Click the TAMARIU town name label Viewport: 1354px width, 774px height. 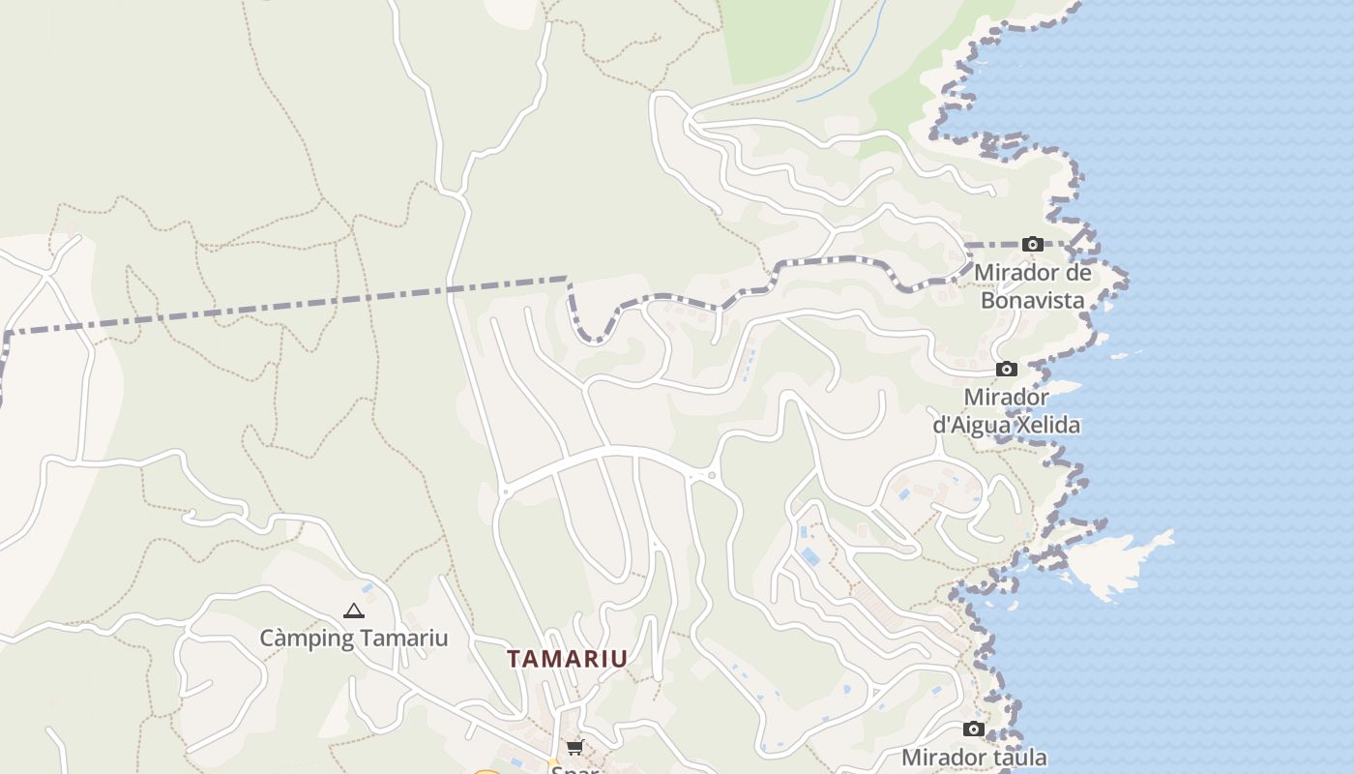tap(568, 659)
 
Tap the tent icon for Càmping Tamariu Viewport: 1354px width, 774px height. tap(354, 611)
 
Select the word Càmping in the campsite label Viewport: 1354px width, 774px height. tap(303, 639)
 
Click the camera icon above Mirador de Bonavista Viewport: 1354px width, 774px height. tap(1033, 244)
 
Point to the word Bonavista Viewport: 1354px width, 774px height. tap(1032, 300)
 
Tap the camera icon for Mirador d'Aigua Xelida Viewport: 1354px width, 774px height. tap(1007, 370)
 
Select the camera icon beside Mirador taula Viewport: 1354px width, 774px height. tap(974, 729)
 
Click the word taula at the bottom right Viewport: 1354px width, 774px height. tap(1018, 757)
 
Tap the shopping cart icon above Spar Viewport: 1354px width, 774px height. tap(575, 747)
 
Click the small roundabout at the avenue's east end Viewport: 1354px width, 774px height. tap(713, 475)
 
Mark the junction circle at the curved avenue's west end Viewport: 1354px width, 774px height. tap(504, 491)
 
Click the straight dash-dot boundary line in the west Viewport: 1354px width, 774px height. tap(290, 305)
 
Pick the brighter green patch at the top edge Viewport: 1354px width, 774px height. tap(779, 39)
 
